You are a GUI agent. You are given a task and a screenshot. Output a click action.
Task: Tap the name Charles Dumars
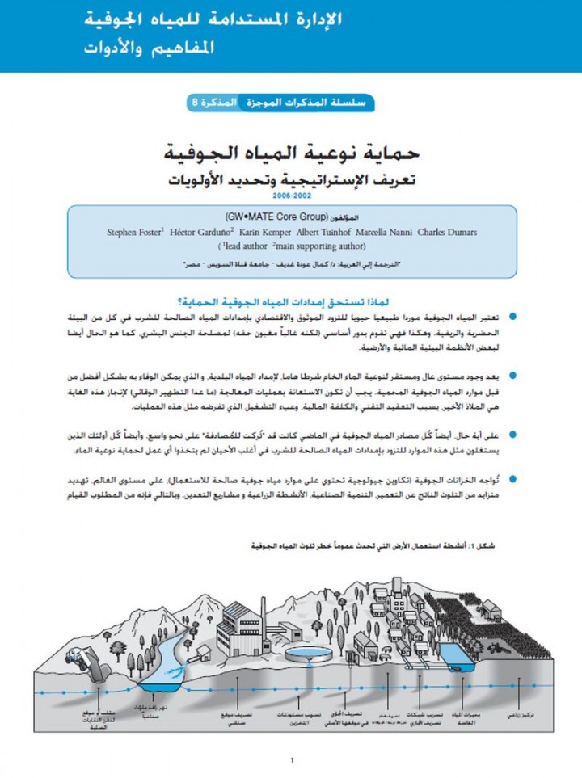[x=447, y=233]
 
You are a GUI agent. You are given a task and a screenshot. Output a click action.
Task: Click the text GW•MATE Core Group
[x=272, y=218]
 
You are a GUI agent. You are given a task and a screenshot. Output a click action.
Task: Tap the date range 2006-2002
[x=290, y=196]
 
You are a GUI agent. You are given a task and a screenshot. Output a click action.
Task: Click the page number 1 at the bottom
[x=291, y=760]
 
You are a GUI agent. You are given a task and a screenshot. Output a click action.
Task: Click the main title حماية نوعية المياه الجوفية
[x=290, y=152]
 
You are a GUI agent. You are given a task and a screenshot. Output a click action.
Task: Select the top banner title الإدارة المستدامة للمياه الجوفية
[x=214, y=19]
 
